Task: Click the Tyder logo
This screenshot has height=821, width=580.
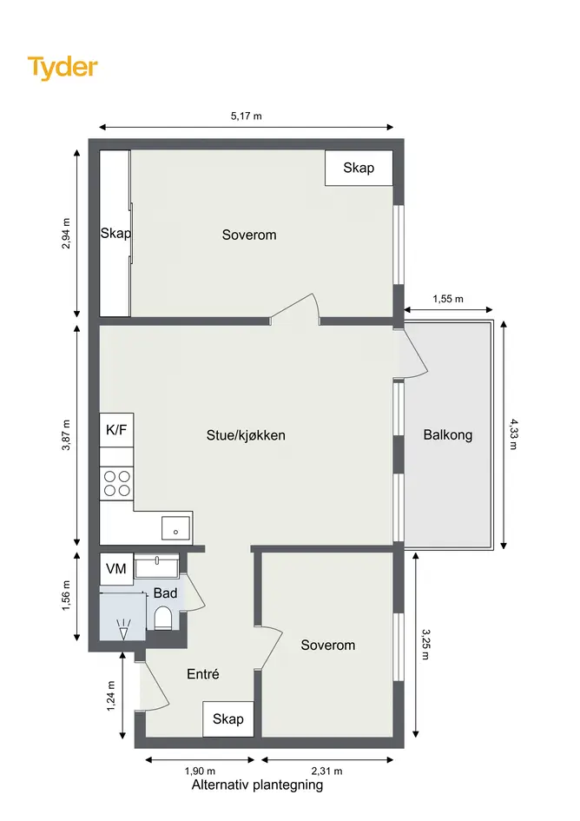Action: click(63, 68)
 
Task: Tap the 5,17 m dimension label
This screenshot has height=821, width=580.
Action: click(246, 116)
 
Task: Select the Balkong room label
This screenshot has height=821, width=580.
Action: click(447, 435)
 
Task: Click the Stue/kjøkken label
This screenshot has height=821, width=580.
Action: click(246, 435)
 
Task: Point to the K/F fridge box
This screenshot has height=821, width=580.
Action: click(116, 430)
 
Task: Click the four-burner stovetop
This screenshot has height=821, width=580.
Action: click(116, 483)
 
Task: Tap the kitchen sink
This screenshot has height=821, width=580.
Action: click(176, 528)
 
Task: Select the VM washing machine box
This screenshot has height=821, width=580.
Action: click(116, 569)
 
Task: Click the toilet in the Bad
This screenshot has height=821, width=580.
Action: click(162, 618)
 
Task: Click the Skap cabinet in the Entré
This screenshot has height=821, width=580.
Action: click(228, 718)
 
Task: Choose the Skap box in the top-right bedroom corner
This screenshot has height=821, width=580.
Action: click(359, 168)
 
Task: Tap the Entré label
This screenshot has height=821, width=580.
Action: click(203, 674)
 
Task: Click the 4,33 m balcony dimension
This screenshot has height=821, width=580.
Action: click(513, 434)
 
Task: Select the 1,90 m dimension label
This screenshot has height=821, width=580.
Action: click(200, 771)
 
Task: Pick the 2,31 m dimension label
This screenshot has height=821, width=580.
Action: click(326, 771)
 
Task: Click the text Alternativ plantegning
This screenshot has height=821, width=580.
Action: click(257, 785)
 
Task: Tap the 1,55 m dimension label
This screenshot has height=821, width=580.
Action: click(447, 299)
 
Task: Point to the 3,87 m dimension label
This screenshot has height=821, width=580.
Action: click(67, 434)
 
